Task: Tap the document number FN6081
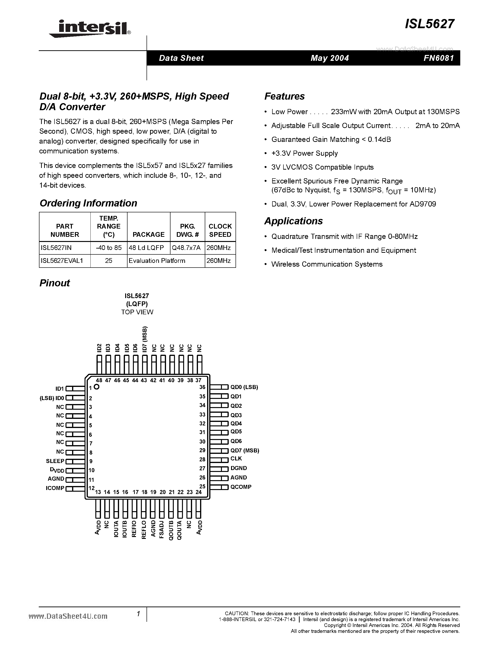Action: pos(438,58)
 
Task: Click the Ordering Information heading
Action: pos(88,203)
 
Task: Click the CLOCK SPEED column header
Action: pos(220,230)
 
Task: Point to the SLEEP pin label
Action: pos(55,461)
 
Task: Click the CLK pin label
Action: pos(236,459)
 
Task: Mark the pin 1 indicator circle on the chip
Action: pos(97,387)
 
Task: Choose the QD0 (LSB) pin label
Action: pos(244,387)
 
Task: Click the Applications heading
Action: pos(293,221)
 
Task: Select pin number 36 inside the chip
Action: pos(202,387)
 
